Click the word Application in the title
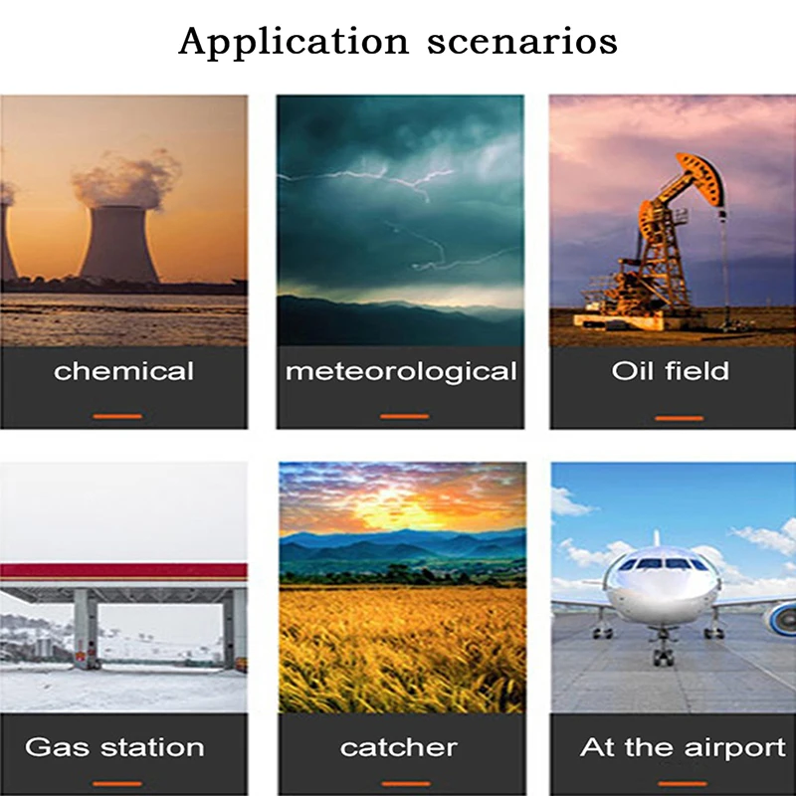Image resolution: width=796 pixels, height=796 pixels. tap(294, 43)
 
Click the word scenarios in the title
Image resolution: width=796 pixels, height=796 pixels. tap(522, 43)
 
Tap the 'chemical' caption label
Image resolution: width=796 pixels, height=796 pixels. tap(123, 371)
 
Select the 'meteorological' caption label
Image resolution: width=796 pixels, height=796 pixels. tap(401, 372)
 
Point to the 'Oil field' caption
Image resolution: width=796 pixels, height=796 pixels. tap(670, 371)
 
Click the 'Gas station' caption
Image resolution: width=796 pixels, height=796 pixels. tap(114, 747)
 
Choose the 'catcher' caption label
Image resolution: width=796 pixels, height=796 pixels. tap(399, 748)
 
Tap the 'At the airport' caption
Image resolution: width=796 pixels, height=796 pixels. tap(683, 747)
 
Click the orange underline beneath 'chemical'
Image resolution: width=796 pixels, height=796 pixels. tap(117, 416)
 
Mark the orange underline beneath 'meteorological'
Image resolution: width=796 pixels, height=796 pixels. tap(405, 416)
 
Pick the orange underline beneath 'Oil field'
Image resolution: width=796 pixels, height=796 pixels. tap(680, 418)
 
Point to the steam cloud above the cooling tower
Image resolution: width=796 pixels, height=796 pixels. tap(127, 180)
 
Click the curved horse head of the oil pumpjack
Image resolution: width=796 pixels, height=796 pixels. tap(703, 179)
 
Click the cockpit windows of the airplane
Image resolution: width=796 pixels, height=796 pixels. tap(663, 564)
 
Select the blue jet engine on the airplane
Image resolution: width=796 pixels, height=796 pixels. tap(782, 617)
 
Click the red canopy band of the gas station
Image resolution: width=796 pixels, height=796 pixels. tap(123, 571)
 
